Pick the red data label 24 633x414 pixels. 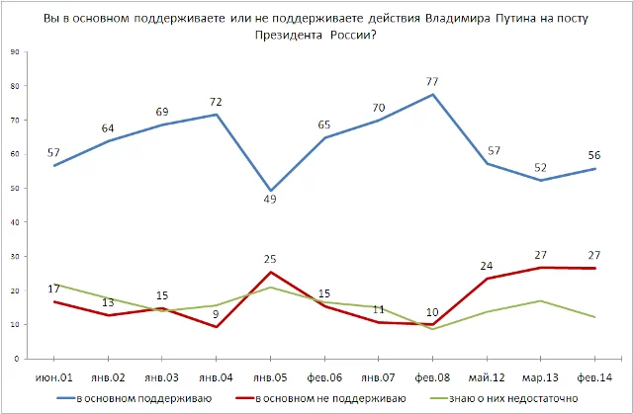click(487, 264)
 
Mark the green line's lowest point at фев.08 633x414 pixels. click(433, 328)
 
